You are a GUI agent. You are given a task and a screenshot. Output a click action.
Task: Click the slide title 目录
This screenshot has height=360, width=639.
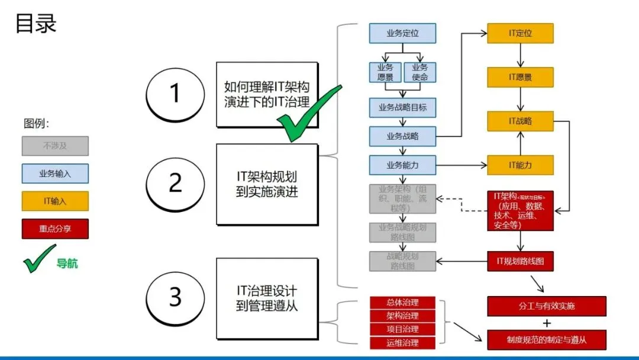(35, 24)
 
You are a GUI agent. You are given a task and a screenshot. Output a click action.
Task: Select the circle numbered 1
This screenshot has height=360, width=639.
(175, 94)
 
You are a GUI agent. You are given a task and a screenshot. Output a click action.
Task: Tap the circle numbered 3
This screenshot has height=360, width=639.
(175, 297)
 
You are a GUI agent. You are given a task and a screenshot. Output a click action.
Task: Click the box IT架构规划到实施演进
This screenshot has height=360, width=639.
(267, 184)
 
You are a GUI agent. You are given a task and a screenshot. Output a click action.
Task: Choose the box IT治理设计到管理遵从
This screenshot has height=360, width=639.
(267, 298)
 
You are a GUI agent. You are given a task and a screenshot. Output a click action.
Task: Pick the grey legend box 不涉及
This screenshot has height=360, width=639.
(55, 146)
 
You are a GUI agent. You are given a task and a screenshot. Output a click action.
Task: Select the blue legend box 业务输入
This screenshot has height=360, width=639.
(55, 173)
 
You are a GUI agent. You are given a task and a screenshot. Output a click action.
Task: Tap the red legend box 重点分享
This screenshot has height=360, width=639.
(55, 229)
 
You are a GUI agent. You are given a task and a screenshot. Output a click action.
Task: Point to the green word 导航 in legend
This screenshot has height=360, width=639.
(67, 263)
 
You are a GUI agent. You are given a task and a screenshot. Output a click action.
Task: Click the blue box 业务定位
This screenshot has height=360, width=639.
(402, 33)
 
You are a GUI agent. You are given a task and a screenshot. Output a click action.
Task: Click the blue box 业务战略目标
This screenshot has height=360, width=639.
(402, 108)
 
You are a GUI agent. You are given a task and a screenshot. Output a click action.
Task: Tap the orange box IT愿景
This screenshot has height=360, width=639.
(520, 77)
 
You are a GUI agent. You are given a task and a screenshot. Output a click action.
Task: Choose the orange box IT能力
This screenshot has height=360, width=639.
(520, 165)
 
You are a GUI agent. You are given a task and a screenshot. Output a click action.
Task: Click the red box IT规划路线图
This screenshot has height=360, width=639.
(520, 261)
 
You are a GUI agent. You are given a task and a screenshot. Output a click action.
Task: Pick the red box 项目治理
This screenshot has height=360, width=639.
(402, 329)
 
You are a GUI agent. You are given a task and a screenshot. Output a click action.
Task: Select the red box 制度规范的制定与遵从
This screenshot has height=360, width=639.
(547, 340)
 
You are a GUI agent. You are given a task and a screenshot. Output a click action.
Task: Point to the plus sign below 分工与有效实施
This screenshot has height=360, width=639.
(547, 323)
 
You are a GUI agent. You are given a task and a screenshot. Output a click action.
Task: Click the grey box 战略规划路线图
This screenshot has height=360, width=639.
(402, 261)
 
